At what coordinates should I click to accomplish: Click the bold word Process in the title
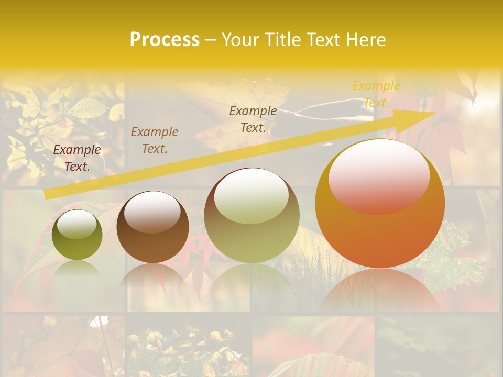tap(165, 40)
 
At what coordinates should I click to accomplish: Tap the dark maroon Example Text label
tap(77, 158)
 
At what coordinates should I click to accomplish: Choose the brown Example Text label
tap(155, 140)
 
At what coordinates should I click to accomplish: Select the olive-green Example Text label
tap(253, 119)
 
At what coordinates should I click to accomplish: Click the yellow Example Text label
tap(376, 94)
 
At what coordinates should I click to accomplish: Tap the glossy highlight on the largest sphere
tap(379, 177)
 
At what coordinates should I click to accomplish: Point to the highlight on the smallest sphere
tap(76, 224)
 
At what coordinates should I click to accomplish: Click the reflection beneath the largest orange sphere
tap(380, 291)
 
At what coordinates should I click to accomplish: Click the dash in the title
tap(210, 40)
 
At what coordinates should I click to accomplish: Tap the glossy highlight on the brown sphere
tap(152, 211)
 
